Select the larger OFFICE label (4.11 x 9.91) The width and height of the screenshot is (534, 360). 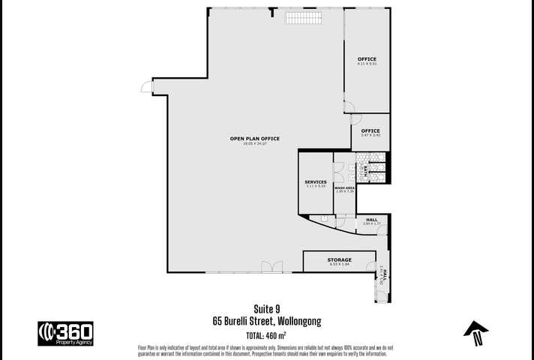(x=367, y=58)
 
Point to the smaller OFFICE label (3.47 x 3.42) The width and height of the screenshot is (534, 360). (x=370, y=130)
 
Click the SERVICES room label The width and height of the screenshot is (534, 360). (x=315, y=182)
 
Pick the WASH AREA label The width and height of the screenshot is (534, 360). (x=344, y=187)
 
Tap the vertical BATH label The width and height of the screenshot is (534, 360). (x=365, y=171)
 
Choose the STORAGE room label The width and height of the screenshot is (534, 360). (x=339, y=259)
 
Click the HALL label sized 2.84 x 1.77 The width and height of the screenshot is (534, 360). (x=372, y=220)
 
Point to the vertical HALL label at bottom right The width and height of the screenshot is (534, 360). (x=382, y=277)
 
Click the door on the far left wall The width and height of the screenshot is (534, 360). (x=146, y=88)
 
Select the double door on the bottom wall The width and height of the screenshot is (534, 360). (x=271, y=266)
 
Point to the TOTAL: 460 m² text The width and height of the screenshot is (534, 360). (x=267, y=334)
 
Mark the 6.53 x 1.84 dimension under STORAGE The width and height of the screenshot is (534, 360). (x=339, y=265)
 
